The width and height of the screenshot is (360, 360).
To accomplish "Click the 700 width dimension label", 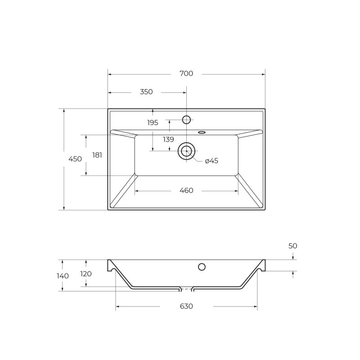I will [x=186, y=73].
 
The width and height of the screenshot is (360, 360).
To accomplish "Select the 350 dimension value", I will [x=146, y=92].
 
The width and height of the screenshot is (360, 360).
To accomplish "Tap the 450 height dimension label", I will [x=75, y=159].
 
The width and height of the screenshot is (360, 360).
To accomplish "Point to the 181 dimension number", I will [x=97, y=155].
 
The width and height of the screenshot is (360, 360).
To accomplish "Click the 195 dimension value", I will [x=153, y=122].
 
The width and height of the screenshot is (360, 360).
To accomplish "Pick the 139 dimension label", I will [x=168, y=139].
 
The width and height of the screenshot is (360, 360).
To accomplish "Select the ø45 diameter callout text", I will [x=211, y=161].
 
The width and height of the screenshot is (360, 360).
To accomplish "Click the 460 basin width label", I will [x=186, y=190].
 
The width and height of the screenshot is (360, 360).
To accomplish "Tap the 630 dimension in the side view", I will [x=186, y=306].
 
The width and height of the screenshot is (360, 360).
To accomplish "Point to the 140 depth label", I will [x=63, y=276].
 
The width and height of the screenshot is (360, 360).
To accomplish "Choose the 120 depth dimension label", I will [x=85, y=274].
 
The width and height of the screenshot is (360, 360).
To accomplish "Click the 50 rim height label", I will [x=293, y=246].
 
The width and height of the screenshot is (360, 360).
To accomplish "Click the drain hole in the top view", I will [x=186, y=151].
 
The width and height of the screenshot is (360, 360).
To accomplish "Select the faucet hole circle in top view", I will [x=186, y=119].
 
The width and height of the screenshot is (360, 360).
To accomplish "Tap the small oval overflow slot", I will [x=201, y=132].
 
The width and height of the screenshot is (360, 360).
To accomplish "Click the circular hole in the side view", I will [x=202, y=267].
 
